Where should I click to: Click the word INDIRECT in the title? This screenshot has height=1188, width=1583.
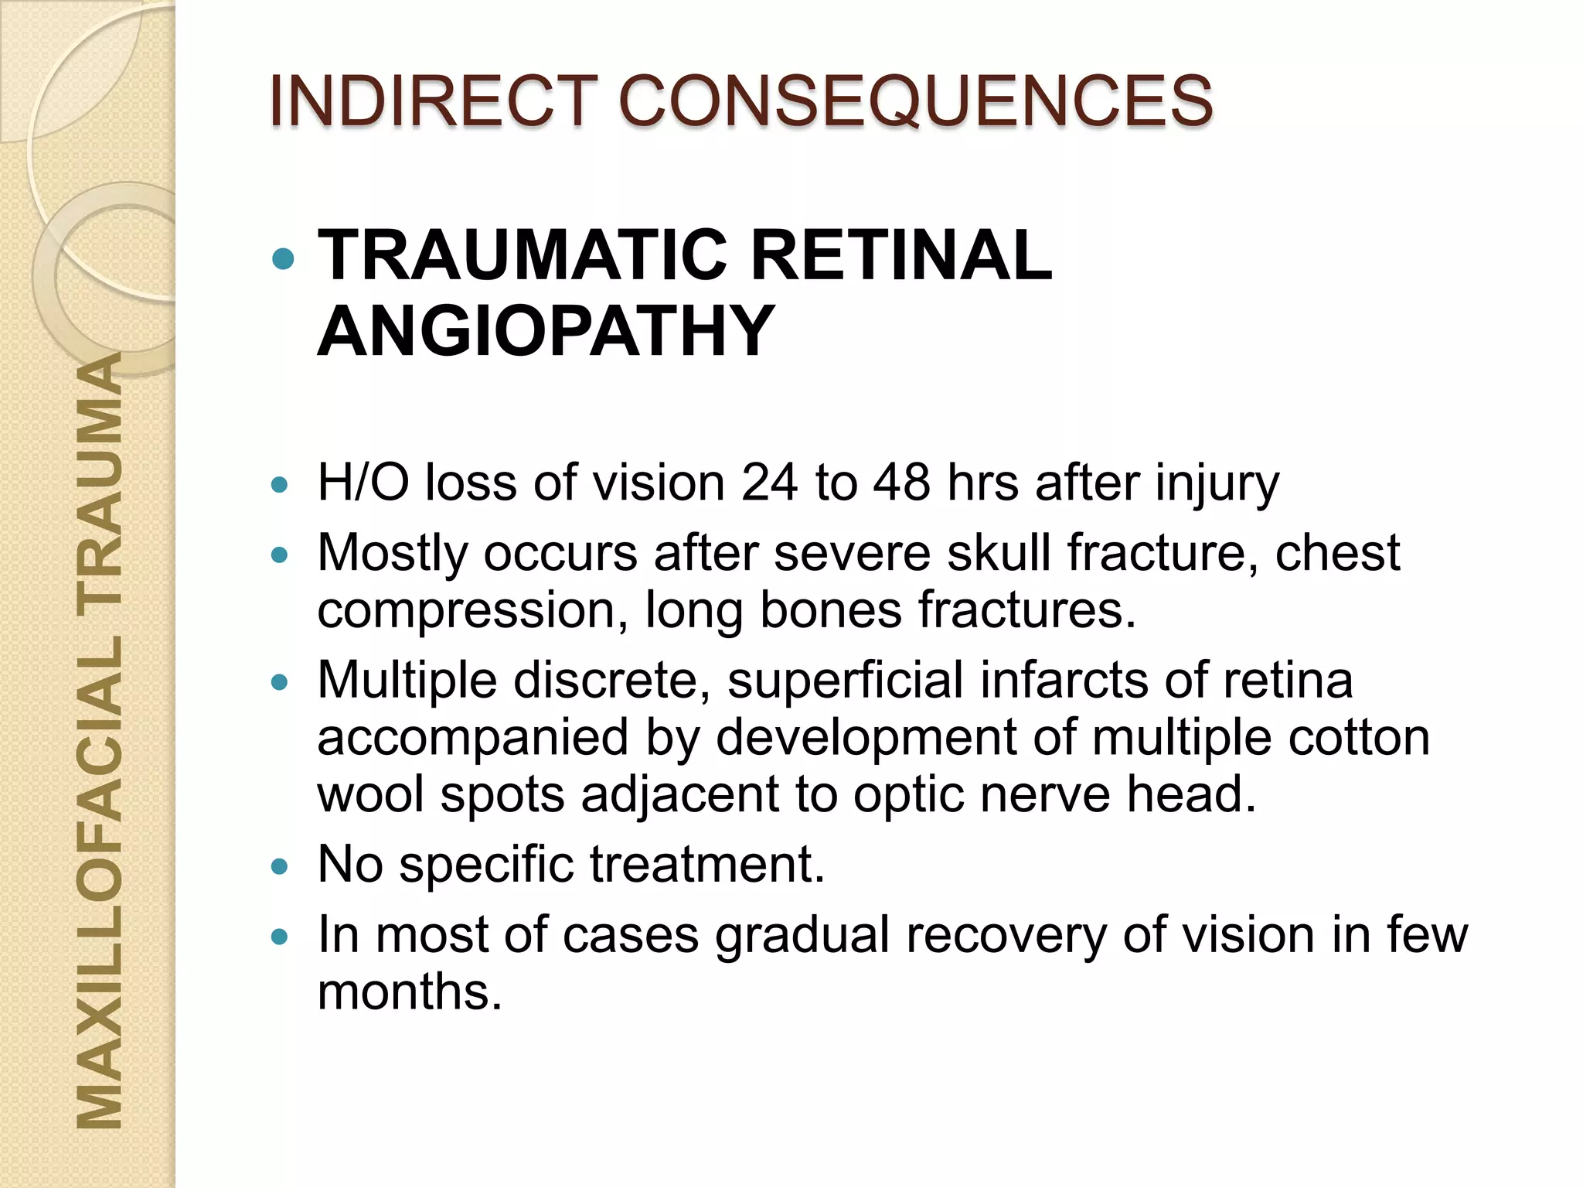point(434,101)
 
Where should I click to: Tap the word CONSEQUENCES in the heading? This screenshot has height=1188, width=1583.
point(916,101)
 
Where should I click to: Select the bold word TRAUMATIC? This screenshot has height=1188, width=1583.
point(523,255)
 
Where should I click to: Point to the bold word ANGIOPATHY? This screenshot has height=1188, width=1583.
point(546,331)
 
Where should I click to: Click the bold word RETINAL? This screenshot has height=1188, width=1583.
point(901,255)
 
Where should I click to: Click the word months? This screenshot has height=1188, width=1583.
point(410,992)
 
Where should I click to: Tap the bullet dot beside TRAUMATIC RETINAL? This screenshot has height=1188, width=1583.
point(284,258)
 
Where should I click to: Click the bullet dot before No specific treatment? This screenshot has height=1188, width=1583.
point(280,866)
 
